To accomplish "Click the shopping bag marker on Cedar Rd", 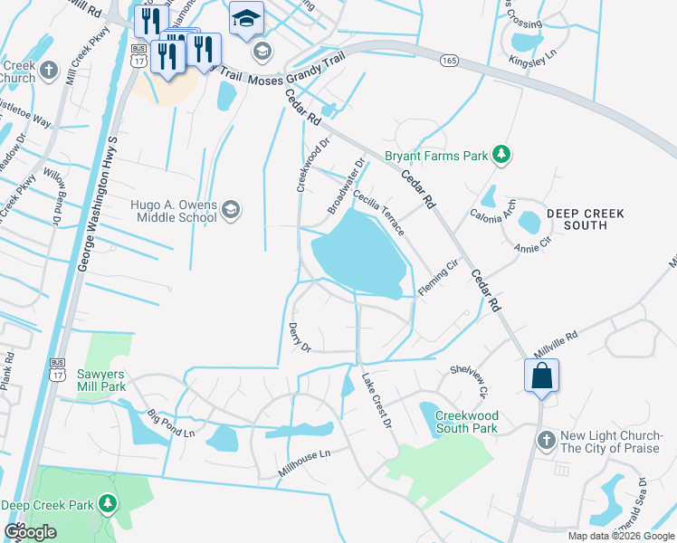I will pos(541,376).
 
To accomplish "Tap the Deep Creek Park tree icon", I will pos(108,503).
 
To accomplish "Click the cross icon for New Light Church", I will pos(545,440).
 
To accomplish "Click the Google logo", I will pos(30,531).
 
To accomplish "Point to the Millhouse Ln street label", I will pos(304,464).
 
